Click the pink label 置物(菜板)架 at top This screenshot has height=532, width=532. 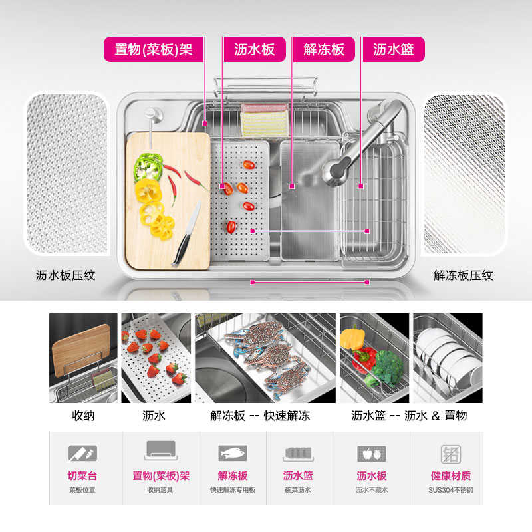(x=154, y=49)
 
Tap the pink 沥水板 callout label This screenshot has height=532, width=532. (x=255, y=49)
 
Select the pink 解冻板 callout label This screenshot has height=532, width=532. (x=324, y=49)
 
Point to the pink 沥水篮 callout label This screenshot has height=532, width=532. (x=394, y=49)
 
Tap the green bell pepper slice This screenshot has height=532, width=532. (x=147, y=166)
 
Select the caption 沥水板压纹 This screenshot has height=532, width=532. (x=66, y=275)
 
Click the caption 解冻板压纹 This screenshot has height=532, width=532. (x=464, y=275)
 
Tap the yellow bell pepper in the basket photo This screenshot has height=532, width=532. (x=352, y=336)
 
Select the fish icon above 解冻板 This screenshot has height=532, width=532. (x=233, y=454)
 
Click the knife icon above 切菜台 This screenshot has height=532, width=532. (x=82, y=454)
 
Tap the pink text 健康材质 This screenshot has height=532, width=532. (x=450, y=476)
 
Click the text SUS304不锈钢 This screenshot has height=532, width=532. (x=450, y=491)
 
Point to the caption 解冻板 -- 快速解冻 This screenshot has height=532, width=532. (x=260, y=416)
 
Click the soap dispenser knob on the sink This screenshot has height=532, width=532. (x=152, y=114)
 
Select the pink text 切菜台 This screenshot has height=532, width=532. (x=82, y=476)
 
